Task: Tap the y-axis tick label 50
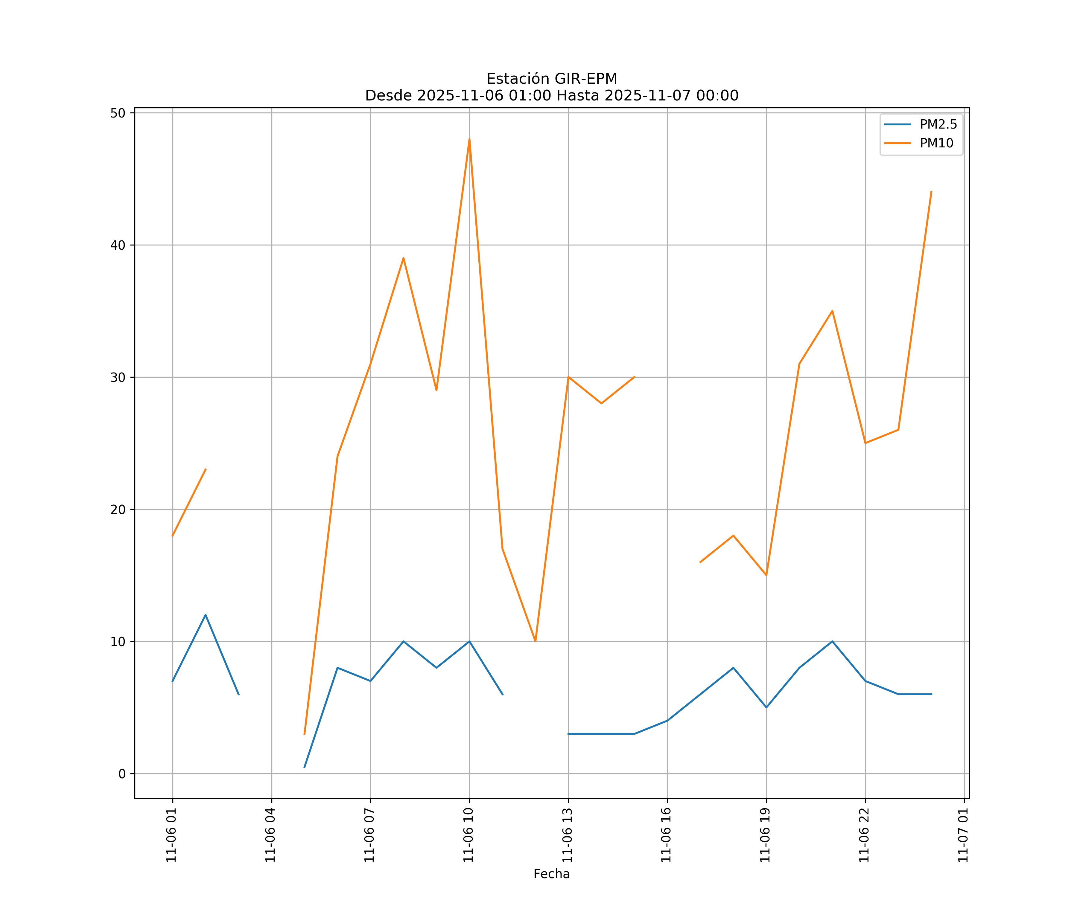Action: click(x=118, y=113)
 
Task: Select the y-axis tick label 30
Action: click(x=118, y=377)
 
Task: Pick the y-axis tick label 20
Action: click(x=118, y=509)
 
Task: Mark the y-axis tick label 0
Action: click(x=122, y=774)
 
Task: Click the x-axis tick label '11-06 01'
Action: click(x=171, y=835)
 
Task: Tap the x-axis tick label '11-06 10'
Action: click(x=468, y=835)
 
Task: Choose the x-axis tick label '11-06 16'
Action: click(x=666, y=835)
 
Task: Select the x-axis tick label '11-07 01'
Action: click(x=963, y=835)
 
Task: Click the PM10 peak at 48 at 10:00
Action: click(x=469, y=139)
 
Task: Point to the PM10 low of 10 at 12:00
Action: click(x=536, y=641)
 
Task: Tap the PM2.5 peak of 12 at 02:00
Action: click(x=206, y=615)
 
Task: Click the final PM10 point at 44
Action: click(x=931, y=192)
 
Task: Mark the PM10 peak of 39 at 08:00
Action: click(x=404, y=258)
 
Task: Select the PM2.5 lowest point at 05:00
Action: click(x=305, y=767)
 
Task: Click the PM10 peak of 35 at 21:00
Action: click(x=832, y=311)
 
